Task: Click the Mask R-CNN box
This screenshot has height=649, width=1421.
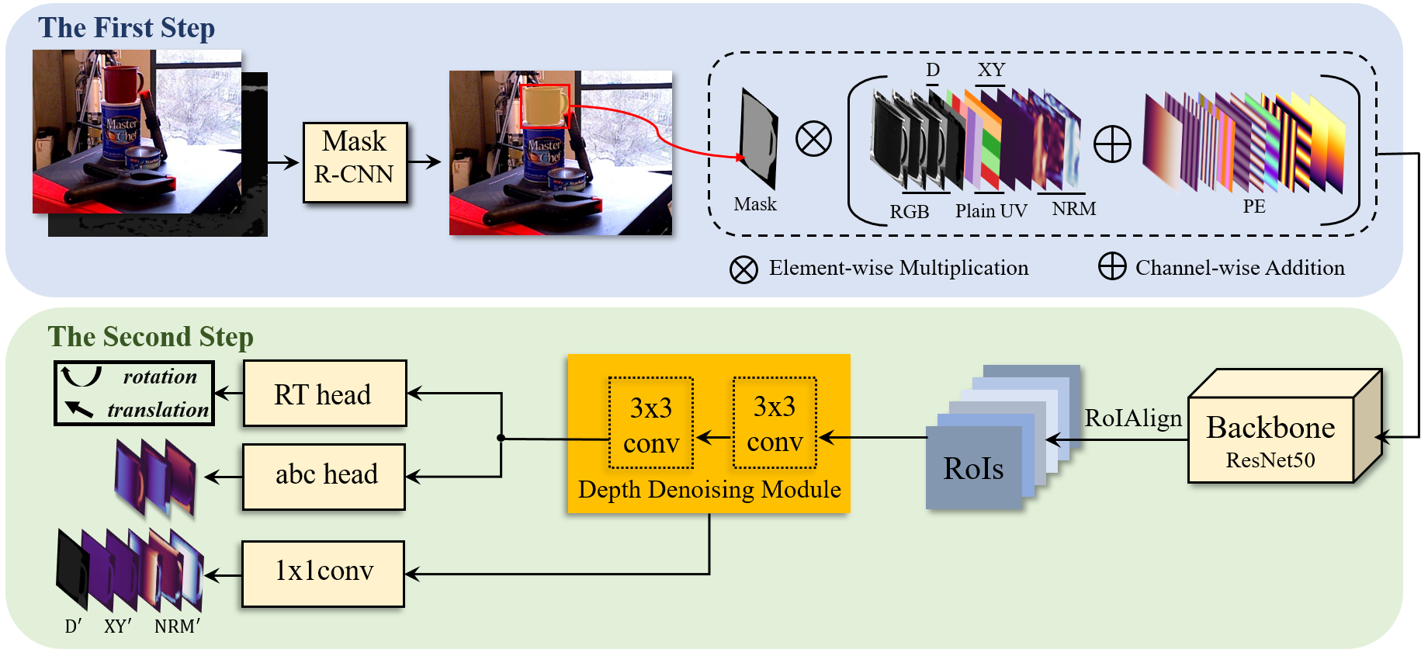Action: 355,161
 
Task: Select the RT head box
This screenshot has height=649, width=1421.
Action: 324,394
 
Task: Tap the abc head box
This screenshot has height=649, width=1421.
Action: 324,476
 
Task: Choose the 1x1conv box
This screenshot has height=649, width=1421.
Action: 323,573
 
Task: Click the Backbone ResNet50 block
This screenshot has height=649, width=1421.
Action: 1270,439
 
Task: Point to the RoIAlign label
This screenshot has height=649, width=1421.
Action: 1133,418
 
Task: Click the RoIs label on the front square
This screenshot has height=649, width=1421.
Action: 973,468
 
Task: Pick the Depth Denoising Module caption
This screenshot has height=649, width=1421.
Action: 709,490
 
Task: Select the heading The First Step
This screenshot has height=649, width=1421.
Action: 127,28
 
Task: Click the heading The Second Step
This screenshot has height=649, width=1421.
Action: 151,337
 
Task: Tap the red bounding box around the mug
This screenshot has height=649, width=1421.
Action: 546,106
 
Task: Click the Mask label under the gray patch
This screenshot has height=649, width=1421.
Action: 755,204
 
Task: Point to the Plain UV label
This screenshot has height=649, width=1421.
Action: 991,211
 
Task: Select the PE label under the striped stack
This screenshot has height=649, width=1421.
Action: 1254,206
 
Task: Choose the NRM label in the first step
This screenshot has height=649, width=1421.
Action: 1074,209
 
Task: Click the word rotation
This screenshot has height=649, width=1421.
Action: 160,377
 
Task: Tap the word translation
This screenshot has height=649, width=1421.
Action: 158,410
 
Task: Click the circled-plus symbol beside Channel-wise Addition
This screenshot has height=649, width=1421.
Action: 1112,266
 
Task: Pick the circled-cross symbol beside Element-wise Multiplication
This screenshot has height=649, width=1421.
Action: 743,269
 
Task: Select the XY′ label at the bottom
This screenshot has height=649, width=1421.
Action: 118,626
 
